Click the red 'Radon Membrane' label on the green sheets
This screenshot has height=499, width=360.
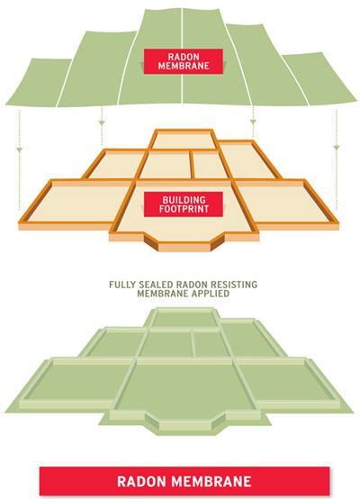[x=184, y=61]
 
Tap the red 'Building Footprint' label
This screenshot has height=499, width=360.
[x=184, y=204]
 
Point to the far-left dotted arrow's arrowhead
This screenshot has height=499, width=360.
[x=20, y=150]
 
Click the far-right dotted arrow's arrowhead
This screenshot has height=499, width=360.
[x=337, y=148]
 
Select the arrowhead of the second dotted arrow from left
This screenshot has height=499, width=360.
[x=102, y=122]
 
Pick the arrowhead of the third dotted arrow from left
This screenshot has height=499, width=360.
[x=253, y=122]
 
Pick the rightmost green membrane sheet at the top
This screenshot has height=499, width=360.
[x=321, y=78]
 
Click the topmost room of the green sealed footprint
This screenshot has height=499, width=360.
[x=184, y=319]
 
